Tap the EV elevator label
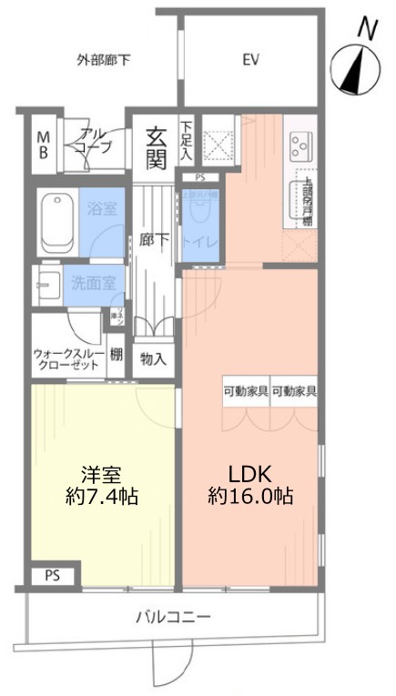[251, 61]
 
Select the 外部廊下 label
[103, 61]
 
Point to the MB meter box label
[43, 146]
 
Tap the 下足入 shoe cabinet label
[186, 141]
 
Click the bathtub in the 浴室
[56, 224]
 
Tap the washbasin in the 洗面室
[46, 284]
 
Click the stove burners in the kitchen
[300, 145]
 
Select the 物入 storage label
[153, 358]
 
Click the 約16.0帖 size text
[249, 498]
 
